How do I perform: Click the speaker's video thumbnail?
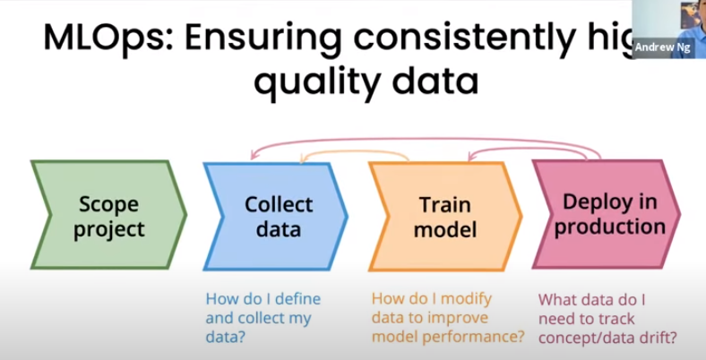(668, 21)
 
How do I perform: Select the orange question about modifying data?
(443, 318)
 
